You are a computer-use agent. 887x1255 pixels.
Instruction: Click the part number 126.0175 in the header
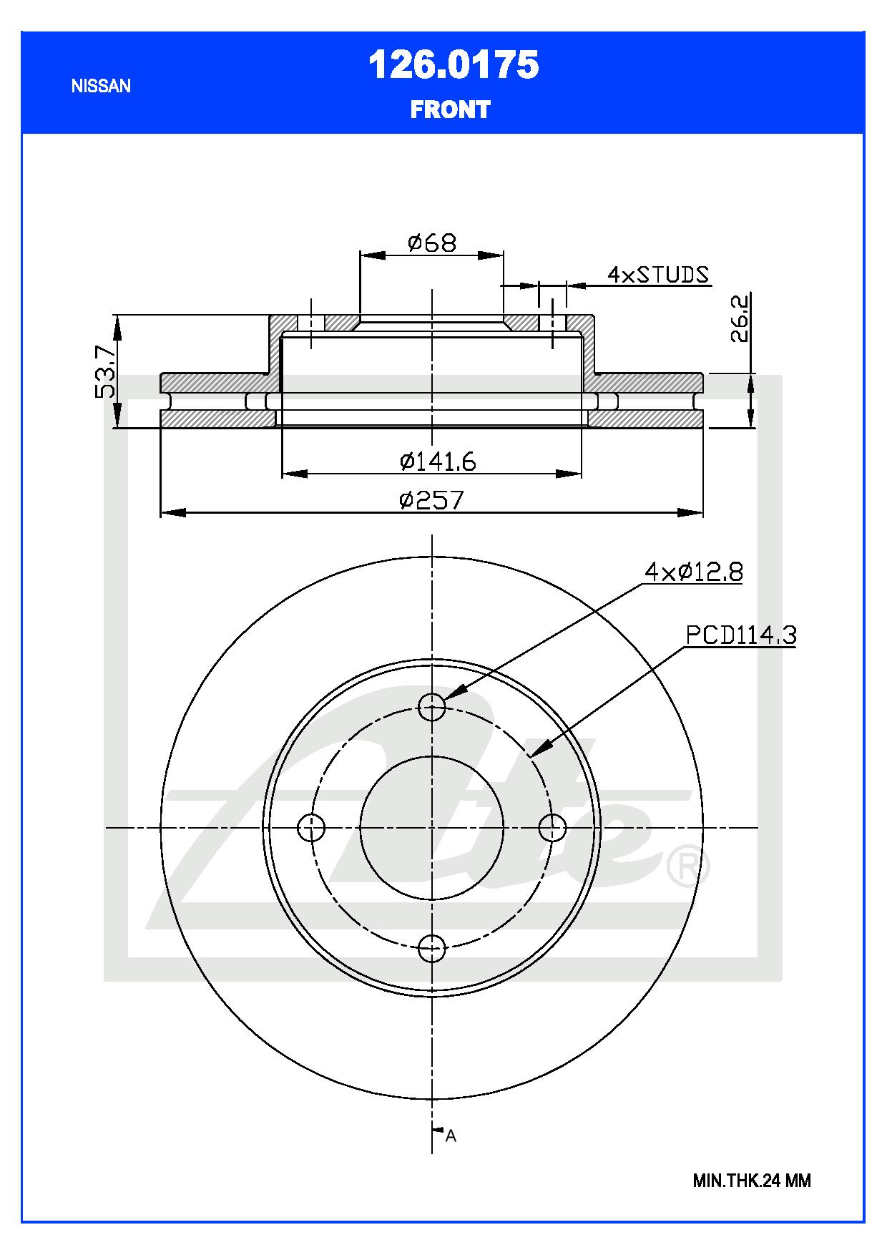tap(453, 66)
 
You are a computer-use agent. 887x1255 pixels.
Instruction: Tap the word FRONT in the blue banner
tap(450, 109)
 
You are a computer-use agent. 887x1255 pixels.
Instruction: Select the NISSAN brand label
tap(101, 86)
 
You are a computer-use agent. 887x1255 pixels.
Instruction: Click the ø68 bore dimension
tap(431, 243)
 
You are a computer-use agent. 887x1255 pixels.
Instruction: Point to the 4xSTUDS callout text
tap(658, 274)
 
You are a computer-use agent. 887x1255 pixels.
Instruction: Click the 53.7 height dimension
tap(104, 371)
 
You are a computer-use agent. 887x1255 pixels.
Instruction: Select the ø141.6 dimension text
tap(438, 462)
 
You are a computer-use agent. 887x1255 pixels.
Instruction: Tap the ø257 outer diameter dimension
tap(431, 499)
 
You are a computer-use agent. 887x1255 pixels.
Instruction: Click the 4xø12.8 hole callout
tap(693, 572)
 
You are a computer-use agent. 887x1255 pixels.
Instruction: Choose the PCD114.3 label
tap(741, 635)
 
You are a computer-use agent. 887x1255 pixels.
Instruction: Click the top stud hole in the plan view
tap(432, 708)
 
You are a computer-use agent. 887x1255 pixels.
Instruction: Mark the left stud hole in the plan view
tap(311, 828)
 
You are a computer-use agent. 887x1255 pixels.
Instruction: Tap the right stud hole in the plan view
tap(552, 828)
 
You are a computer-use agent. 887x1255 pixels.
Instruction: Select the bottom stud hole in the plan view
tap(432, 949)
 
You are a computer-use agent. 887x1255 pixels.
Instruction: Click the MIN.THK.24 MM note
tap(751, 1181)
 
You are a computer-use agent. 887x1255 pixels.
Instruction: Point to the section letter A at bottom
tap(451, 1136)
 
